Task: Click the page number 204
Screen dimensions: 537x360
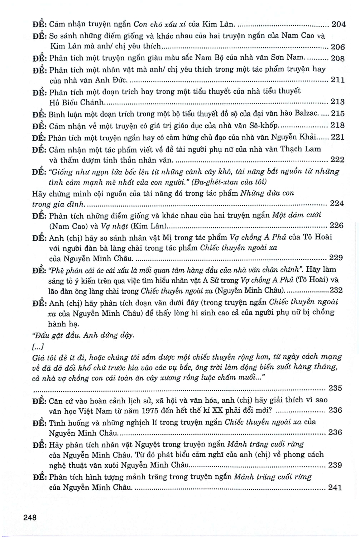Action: (x=338, y=25)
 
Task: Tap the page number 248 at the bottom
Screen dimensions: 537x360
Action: (x=30, y=517)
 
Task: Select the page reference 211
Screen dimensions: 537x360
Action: (x=337, y=80)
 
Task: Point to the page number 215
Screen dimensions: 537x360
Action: (x=337, y=114)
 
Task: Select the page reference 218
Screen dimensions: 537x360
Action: (x=337, y=125)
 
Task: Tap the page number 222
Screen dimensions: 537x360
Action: (x=337, y=160)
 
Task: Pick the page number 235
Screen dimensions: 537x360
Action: (x=335, y=388)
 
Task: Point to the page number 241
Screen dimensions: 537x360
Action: (x=335, y=488)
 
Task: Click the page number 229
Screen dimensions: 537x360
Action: (x=335, y=258)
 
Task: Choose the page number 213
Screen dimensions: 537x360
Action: (x=337, y=102)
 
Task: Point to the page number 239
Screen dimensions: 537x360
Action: (x=335, y=465)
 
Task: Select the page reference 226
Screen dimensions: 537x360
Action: (x=336, y=226)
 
